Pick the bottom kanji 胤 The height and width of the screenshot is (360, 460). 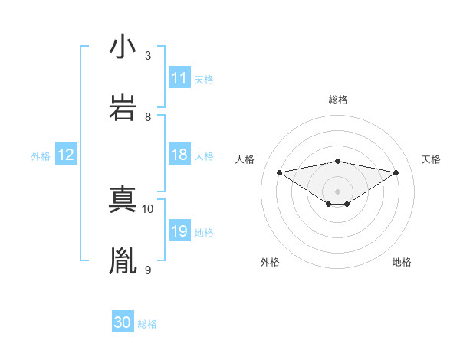point(123,261)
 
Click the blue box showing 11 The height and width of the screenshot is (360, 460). point(179,78)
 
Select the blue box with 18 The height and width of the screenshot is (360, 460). point(179,155)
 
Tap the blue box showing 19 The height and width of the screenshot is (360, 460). point(179,231)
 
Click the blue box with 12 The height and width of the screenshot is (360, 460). point(66,155)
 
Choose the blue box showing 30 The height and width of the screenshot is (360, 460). point(123,322)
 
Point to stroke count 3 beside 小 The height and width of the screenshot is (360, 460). point(148,56)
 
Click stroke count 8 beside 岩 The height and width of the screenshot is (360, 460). point(148,117)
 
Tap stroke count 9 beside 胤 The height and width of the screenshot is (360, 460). point(148,270)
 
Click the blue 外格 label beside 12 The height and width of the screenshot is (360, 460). point(41,155)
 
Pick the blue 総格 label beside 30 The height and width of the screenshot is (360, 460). point(147,323)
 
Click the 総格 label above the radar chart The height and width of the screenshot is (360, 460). point(337,100)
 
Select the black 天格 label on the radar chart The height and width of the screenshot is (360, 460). point(431,159)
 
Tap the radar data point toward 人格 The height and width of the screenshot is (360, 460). point(279,172)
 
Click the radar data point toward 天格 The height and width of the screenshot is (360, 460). point(396,172)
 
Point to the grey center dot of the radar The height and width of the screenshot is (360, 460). point(337,191)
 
